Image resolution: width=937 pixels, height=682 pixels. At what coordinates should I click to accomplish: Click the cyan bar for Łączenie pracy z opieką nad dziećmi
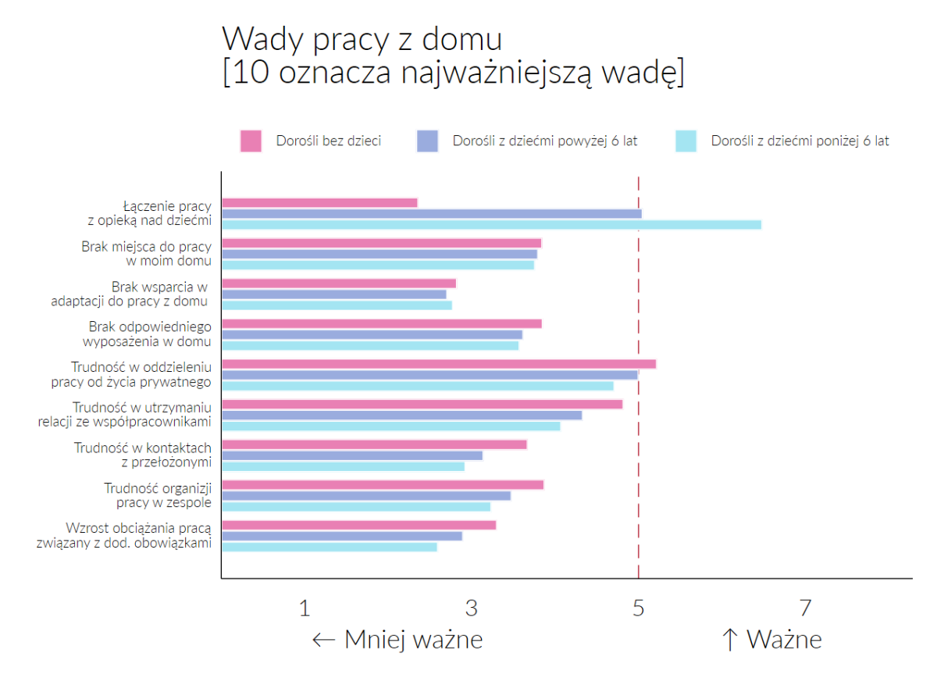(491, 225)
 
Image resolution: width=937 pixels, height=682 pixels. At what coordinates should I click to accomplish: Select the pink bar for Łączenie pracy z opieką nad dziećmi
(319, 203)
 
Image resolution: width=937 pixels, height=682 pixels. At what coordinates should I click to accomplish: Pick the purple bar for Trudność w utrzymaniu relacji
(401, 416)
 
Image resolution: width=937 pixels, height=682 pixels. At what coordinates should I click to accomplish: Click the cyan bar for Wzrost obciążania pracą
(329, 547)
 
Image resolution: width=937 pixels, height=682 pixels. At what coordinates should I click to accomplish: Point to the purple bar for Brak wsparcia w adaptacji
(333, 295)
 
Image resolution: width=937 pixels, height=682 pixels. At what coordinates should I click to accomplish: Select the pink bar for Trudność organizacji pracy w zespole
(383, 485)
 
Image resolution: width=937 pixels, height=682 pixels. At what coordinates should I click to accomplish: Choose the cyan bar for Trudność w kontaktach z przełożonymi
(343, 466)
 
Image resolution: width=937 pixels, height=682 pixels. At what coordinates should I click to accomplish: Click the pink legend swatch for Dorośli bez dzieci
(251, 141)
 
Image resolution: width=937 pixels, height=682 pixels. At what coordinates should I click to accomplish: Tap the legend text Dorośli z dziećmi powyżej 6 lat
(545, 141)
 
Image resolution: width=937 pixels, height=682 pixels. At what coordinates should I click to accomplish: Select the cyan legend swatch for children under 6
(685, 141)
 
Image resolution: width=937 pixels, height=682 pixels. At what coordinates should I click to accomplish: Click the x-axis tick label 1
(305, 608)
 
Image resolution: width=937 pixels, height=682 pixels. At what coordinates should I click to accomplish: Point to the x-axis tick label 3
(472, 608)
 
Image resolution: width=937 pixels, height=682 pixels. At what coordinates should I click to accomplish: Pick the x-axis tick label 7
(805, 608)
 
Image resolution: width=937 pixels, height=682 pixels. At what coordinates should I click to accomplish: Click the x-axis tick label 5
(639, 608)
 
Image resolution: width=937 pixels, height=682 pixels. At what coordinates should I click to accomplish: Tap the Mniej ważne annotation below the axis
(397, 640)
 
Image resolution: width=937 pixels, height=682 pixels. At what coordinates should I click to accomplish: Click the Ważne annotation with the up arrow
(771, 640)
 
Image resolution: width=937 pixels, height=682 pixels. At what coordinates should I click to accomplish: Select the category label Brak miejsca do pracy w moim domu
(146, 254)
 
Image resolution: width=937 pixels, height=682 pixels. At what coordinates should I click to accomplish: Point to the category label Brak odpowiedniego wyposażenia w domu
(149, 334)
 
